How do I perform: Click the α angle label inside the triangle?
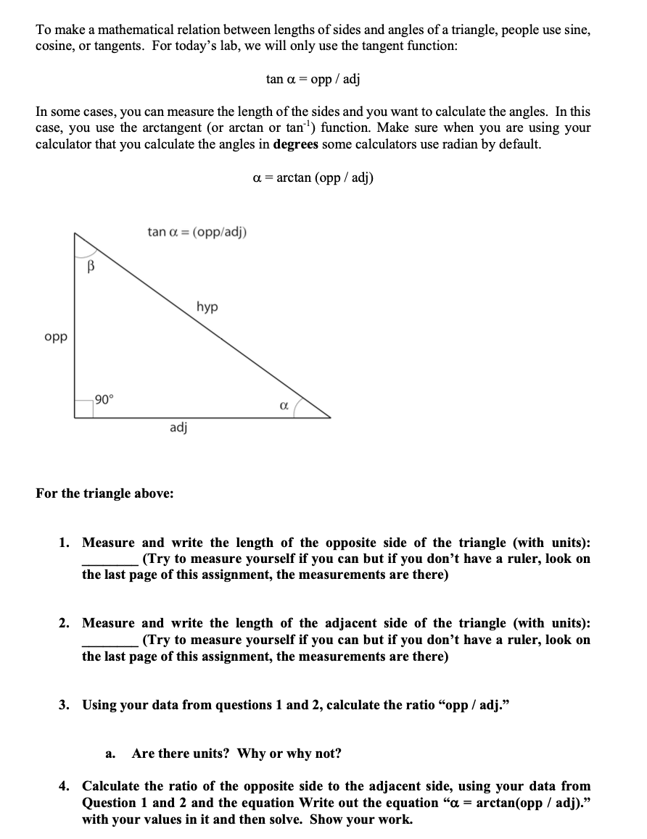284,406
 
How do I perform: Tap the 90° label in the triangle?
104,399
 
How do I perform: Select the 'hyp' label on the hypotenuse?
207,307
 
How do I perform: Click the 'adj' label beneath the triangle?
178,427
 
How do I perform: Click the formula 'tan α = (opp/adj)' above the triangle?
197,232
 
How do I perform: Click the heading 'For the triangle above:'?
104,493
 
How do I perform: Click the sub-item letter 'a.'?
111,754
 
